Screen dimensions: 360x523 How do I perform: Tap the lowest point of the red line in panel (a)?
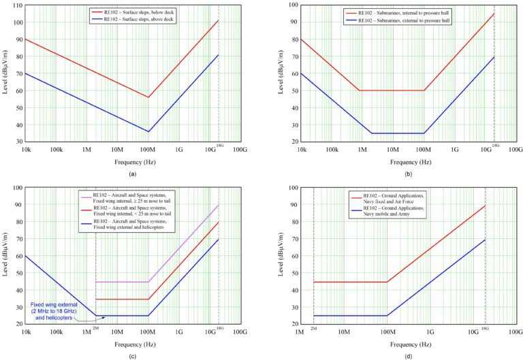148,97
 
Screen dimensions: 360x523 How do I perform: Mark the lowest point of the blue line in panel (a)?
148,131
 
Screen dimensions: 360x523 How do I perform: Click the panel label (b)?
405,174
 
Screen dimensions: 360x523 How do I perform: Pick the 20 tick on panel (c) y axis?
18,324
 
